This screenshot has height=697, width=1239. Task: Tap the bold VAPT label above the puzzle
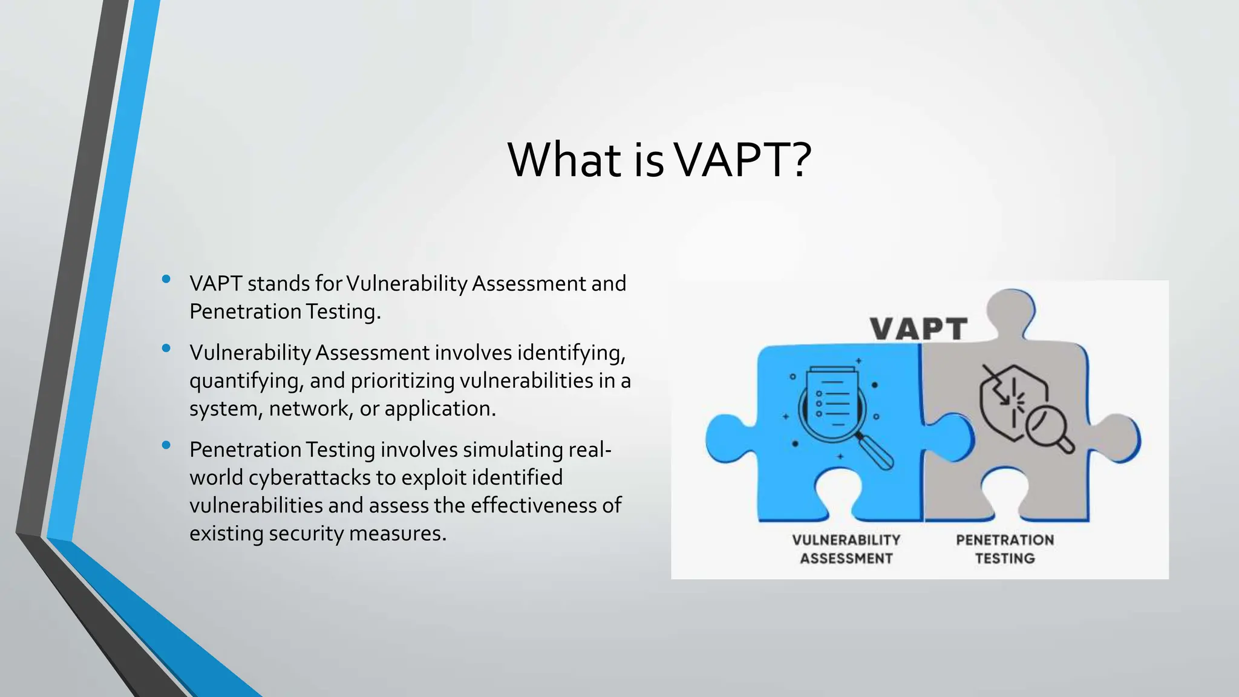point(918,330)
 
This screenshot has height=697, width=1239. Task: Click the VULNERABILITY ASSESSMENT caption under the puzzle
point(846,549)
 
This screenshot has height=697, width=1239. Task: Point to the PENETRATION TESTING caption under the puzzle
point(1005,549)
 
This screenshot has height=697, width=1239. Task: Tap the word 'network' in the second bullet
point(309,409)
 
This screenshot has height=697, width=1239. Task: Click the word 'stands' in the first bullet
point(278,284)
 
